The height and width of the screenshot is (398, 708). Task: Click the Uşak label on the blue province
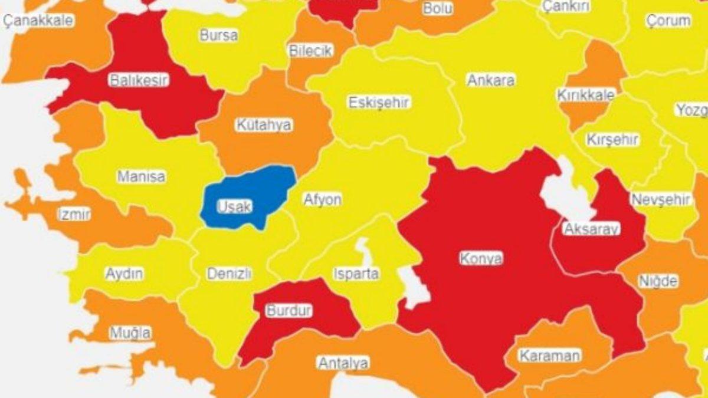(234, 206)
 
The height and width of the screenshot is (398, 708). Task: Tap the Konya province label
(481, 258)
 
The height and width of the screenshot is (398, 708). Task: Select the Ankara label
(491, 80)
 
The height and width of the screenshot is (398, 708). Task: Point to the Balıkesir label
(139, 80)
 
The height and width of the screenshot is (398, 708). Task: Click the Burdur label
(289, 311)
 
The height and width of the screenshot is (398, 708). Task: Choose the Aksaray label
(591, 229)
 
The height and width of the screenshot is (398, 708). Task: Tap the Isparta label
(356, 274)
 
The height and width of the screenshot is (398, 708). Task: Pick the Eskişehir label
(379, 103)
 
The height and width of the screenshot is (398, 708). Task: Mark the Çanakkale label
(38, 21)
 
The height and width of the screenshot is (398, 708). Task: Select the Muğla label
(130, 333)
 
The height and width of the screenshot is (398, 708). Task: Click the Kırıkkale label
(586, 94)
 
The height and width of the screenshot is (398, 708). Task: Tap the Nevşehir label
(661, 199)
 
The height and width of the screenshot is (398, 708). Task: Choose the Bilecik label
(311, 51)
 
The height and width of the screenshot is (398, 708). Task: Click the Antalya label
(343, 363)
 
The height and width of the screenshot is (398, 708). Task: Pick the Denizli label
(229, 274)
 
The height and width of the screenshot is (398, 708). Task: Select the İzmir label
(74, 214)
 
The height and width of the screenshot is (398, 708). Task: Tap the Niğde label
(658, 281)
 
